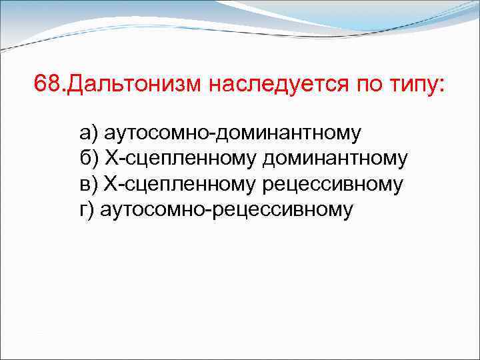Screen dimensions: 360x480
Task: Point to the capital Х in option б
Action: tap(111, 158)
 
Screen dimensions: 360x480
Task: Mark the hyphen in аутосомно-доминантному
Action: tap(212, 134)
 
